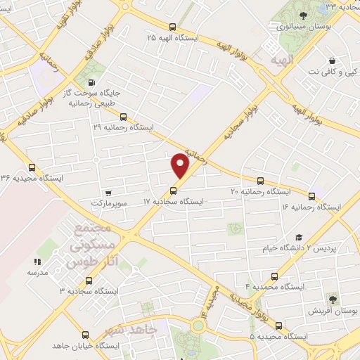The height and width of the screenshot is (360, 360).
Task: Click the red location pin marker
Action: [181, 165]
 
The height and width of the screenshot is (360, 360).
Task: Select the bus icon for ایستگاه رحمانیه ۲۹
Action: [124, 117]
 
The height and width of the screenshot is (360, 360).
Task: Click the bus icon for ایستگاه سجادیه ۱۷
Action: [173, 191]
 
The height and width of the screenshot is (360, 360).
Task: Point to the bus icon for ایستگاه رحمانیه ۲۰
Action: [261, 180]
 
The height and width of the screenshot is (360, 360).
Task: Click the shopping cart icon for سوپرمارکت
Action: [108, 192]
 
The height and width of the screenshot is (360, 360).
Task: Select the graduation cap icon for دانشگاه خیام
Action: [298, 238]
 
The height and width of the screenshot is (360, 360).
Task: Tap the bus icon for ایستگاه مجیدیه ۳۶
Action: [32, 167]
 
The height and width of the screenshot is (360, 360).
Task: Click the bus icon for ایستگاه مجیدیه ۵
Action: [278, 326]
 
